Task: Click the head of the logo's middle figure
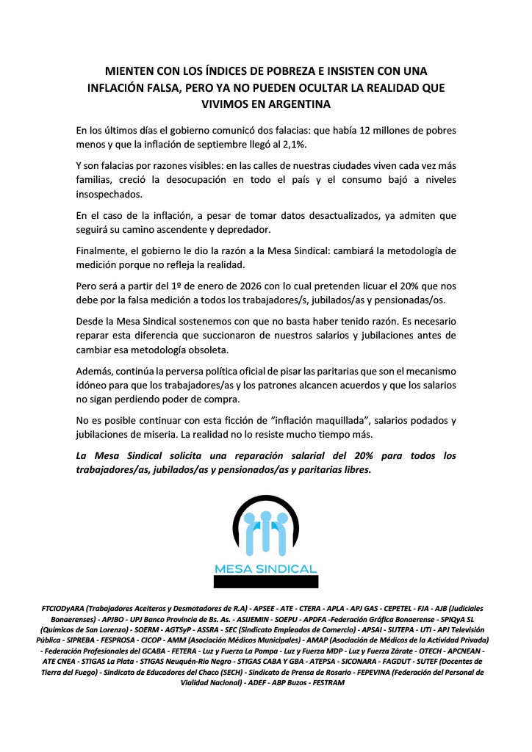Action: pyautogui.click(x=265, y=519)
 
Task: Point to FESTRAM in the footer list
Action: pyautogui.click(x=328, y=682)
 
